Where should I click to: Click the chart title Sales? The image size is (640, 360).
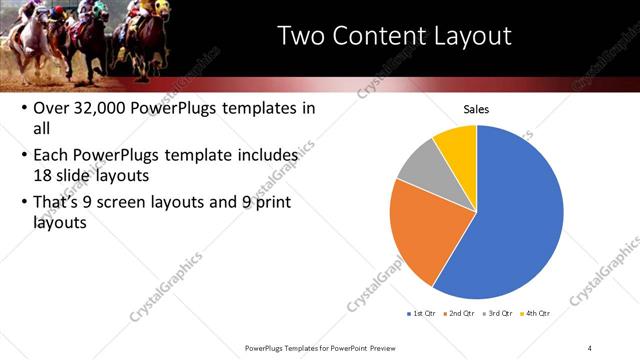476,110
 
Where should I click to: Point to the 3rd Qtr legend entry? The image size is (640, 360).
498,314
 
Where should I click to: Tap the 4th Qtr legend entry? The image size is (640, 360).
536,314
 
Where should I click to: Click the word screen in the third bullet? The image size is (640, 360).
144,203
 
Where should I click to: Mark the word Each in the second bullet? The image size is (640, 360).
52,156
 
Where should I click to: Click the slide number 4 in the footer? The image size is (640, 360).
590,348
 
